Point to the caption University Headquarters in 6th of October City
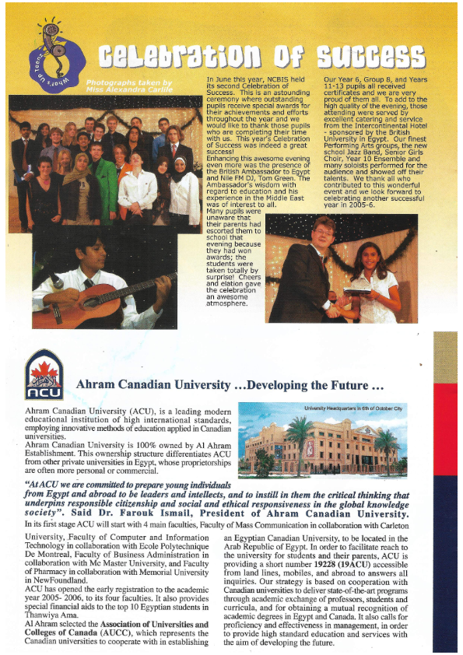[x=353, y=408]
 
